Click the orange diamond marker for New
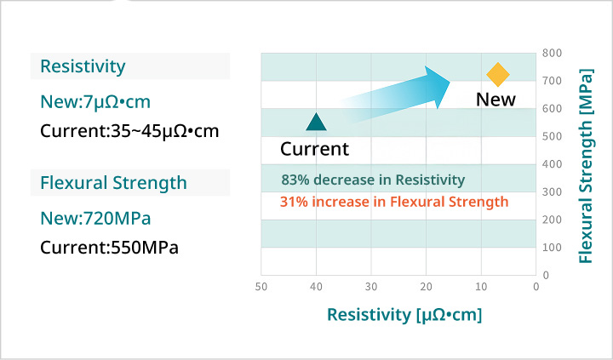(497, 75)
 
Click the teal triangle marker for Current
(316, 122)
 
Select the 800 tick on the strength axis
(551, 53)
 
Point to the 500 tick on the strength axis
(551, 136)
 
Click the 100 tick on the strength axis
(551, 248)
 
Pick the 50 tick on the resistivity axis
(261, 287)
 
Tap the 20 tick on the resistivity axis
(426, 287)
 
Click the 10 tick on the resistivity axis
(481, 287)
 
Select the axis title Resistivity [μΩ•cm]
(404, 315)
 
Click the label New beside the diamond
(496, 100)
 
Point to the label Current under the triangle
(314, 149)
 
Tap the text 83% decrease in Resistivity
(373, 180)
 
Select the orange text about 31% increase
(394, 202)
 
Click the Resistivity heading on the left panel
(83, 66)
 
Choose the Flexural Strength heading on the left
(113, 183)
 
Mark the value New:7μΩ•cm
(95, 102)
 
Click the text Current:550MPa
(110, 248)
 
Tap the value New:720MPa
(95, 218)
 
